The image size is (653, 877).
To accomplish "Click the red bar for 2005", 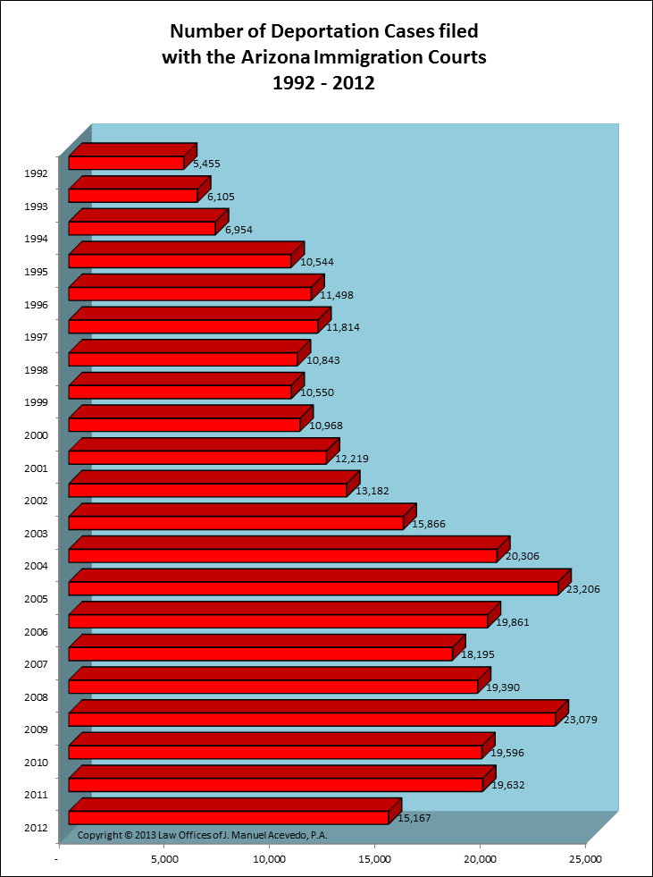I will (313, 588).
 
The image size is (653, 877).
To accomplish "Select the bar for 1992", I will (126, 163).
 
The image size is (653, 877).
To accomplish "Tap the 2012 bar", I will (229, 817).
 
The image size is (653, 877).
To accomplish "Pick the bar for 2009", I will (312, 719).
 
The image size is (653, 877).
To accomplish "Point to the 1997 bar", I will (193, 326).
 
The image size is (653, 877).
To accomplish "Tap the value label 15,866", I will (431, 525).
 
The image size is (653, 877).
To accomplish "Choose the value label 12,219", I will (352, 459).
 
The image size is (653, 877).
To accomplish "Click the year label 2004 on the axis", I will (35, 566).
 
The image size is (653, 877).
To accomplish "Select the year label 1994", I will (35, 239).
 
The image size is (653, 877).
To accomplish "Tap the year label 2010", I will (35, 763).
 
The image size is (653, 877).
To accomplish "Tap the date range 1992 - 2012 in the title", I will (325, 84).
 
